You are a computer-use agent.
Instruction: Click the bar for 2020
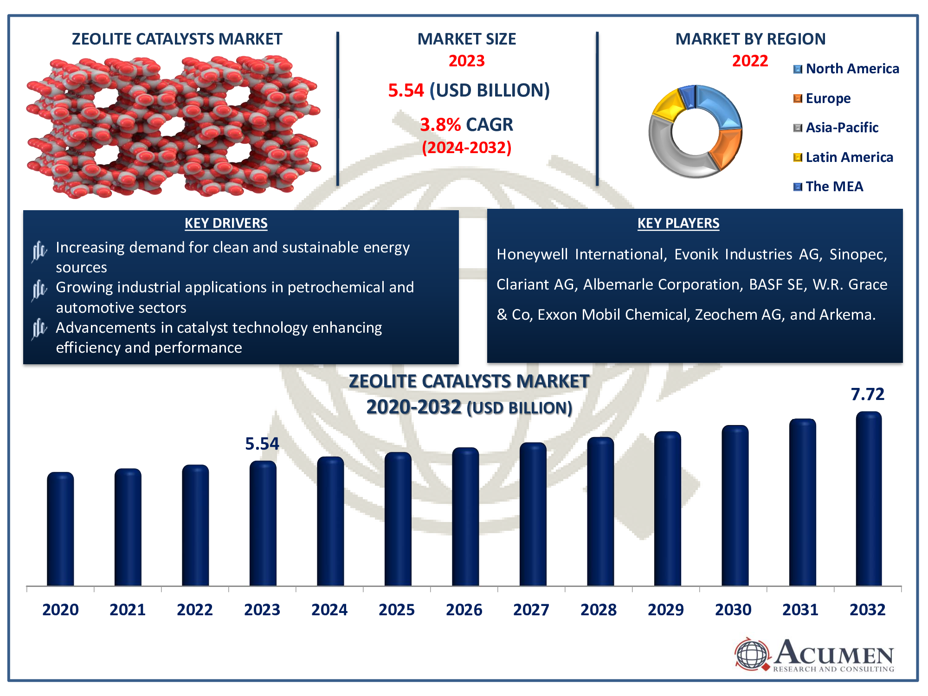pos(60,529)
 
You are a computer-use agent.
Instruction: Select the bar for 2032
pos(869,499)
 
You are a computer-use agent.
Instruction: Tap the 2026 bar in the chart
pos(465,517)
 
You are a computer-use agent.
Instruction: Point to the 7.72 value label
pos(867,394)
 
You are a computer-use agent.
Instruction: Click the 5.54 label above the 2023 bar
pos(262,444)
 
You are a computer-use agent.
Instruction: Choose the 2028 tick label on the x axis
pos(599,609)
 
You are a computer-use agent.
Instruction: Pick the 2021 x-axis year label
pos(128,609)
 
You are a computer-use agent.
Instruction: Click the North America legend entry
pos(846,69)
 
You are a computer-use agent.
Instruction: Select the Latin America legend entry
pos(843,157)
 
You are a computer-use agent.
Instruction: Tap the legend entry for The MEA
pos(828,187)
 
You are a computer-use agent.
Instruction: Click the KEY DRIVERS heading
pos(226,223)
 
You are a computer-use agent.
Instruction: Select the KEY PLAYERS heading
pos(678,223)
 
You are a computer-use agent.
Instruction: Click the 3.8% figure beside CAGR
pos(440,124)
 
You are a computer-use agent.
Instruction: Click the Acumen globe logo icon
pos(752,654)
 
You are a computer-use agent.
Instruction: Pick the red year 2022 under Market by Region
pos(750,61)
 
